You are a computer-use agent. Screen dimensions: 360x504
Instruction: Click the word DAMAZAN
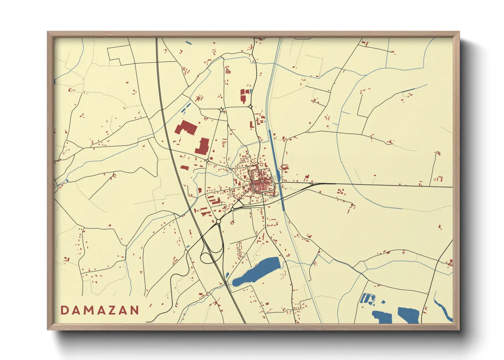point(100,310)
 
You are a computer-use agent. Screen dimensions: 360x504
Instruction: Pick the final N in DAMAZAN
point(135,310)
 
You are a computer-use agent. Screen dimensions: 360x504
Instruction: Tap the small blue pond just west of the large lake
point(227,275)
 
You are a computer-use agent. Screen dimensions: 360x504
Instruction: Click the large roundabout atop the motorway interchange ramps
point(218,222)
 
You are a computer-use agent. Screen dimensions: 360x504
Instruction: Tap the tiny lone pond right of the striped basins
point(383,301)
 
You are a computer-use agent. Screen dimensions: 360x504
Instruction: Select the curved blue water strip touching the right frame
point(443,310)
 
